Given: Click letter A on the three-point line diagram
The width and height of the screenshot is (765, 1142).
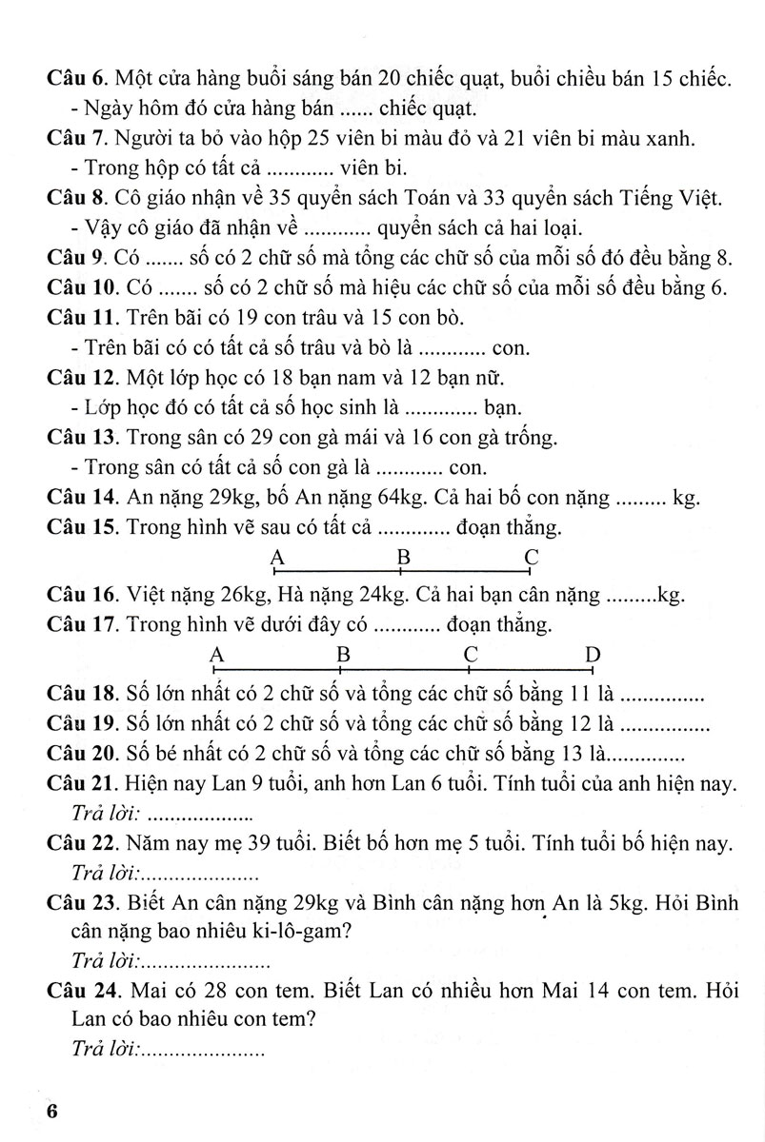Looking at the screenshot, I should tap(276, 557).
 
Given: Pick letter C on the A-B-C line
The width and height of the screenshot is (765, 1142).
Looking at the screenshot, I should tap(532, 557).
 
